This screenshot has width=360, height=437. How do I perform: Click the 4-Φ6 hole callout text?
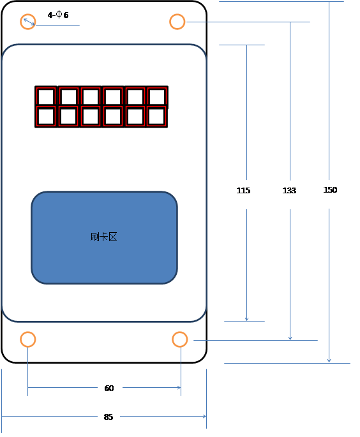point(58,15)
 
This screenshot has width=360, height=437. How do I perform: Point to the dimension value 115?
point(243,191)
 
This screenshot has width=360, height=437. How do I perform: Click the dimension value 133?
point(289,191)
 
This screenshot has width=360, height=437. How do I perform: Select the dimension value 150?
point(330,190)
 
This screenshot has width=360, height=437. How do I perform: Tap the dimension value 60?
point(109,389)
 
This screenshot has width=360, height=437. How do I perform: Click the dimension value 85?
point(109,417)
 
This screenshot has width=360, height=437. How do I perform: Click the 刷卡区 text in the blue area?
point(103,237)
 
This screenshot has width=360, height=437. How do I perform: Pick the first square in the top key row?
point(46,97)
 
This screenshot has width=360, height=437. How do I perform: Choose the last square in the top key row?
point(157,97)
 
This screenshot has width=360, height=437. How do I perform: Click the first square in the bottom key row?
point(46,117)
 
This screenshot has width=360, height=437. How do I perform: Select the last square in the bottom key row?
point(156,117)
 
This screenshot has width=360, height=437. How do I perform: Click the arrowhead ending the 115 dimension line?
point(246,319)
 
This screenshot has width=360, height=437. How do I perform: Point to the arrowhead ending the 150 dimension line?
point(329,360)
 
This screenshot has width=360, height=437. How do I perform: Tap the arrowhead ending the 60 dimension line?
point(179,387)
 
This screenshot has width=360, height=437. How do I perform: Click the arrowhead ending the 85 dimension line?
point(204,417)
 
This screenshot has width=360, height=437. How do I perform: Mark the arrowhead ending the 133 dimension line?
point(290,338)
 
